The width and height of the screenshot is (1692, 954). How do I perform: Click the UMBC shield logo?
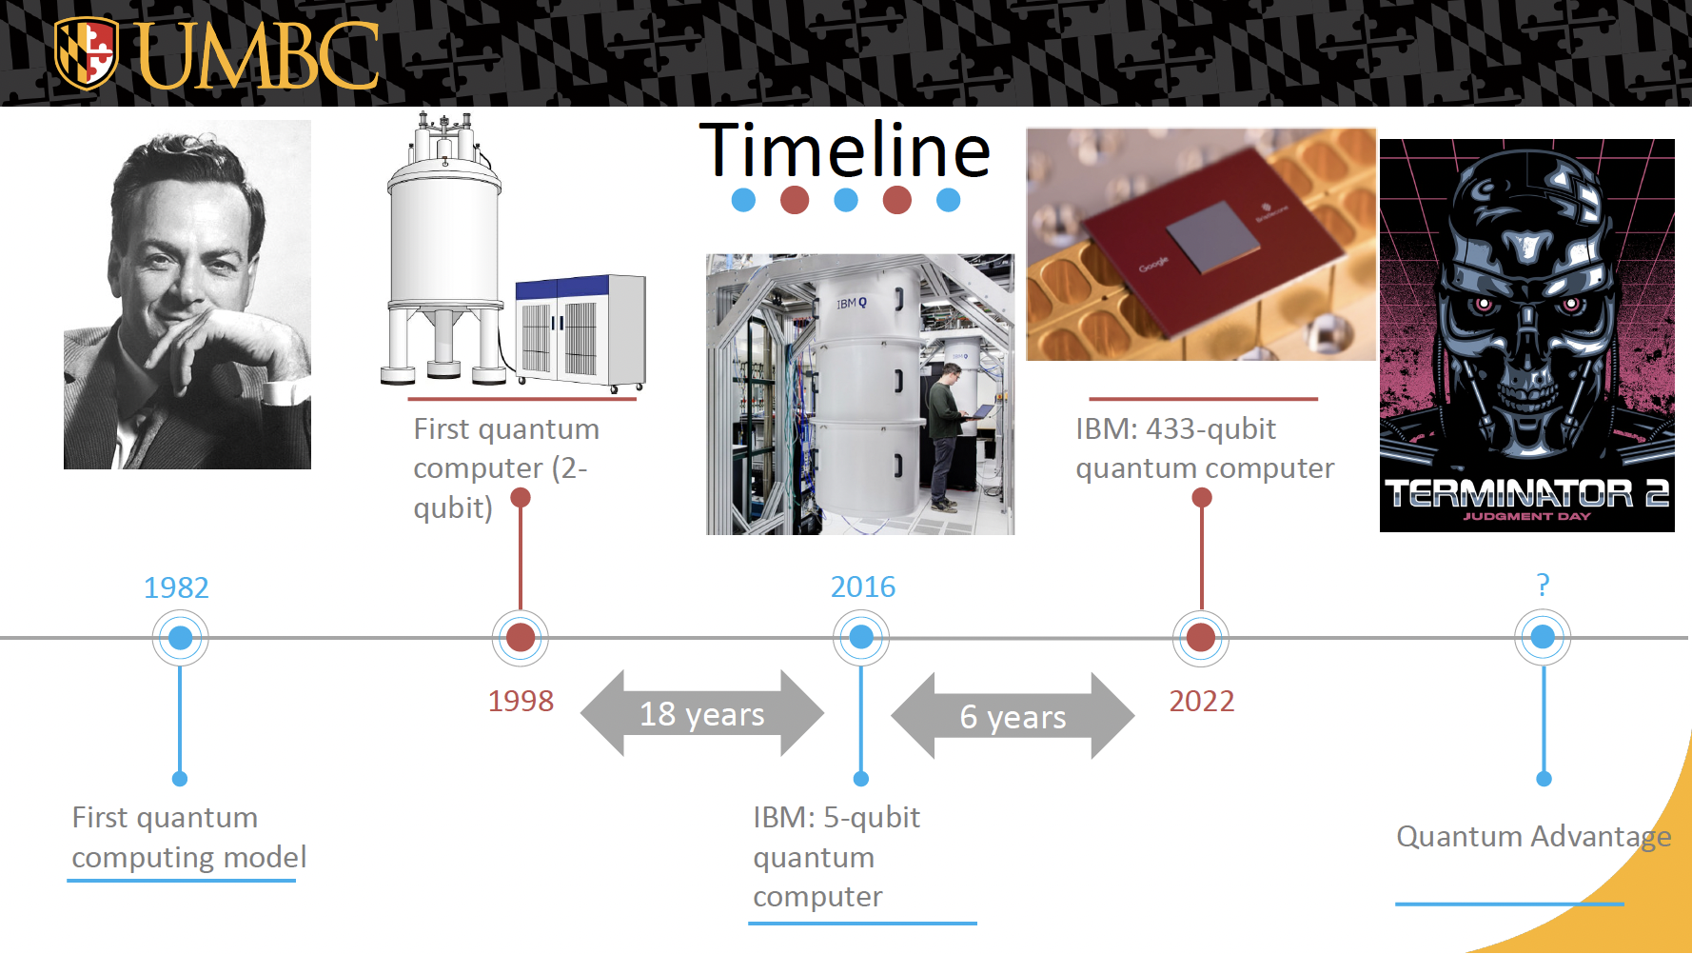point(87,53)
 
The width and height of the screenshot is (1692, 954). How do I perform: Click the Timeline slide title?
point(845,149)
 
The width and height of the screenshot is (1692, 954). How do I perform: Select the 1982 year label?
point(176,587)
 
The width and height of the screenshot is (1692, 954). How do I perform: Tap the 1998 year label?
point(521,701)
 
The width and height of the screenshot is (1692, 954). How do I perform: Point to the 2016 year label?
point(863,586)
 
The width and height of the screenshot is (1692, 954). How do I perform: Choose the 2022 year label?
point(1202,701)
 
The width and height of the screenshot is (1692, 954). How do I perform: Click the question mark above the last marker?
point(1543,584)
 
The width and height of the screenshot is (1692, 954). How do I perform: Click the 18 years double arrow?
point(702,713)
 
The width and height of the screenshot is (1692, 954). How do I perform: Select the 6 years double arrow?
point(1013,716)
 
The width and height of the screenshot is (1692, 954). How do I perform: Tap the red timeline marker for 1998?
point(521,638)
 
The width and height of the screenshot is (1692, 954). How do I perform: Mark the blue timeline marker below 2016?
point(861,638)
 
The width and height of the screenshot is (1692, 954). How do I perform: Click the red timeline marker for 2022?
point(1201,638)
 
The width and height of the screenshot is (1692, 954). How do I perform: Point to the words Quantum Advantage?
point(1534,836)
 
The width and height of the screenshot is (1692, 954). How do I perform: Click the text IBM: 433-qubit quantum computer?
point(1205,448)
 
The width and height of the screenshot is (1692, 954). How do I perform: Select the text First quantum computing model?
point(189,837)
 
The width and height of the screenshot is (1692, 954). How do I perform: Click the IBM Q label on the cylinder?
point(852,304)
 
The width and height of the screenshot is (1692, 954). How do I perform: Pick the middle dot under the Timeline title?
point(846,200)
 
